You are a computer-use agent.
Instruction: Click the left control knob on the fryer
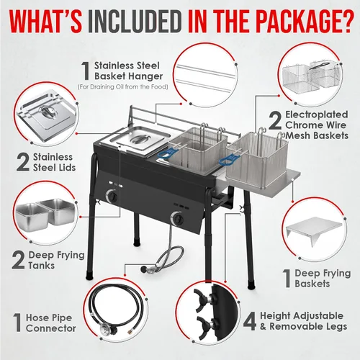[112, 197]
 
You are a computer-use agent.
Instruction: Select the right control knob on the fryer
[178, 218]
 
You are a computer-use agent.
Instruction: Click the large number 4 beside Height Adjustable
[250, 321]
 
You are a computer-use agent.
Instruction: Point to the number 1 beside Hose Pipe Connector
[17, 323]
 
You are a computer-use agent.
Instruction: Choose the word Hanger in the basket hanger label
[145, 76]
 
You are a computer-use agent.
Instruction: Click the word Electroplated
[317, 114]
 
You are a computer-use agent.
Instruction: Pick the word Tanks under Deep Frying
[42, 266]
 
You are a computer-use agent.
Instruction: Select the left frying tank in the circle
[32, 215]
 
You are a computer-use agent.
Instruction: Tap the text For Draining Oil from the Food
[122, 87]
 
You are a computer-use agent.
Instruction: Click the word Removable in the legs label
[297, 326]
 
